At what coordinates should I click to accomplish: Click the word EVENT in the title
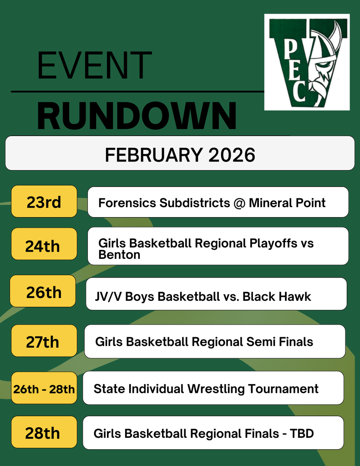[94, 66]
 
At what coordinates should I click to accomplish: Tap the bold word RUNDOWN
[137, 116]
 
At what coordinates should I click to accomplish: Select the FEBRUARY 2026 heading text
[180, 155]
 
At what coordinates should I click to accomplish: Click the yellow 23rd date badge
[44, 202]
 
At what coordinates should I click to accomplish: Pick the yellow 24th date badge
[43, 246]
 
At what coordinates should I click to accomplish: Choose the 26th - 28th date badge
[44, 389]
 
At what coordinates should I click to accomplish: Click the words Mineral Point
[287, 203]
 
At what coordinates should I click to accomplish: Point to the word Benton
[119, 255]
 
